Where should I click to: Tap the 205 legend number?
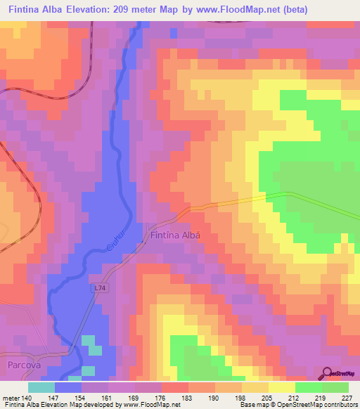click(x=266, y=397)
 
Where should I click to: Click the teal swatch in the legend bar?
click(x=41, y=387)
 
